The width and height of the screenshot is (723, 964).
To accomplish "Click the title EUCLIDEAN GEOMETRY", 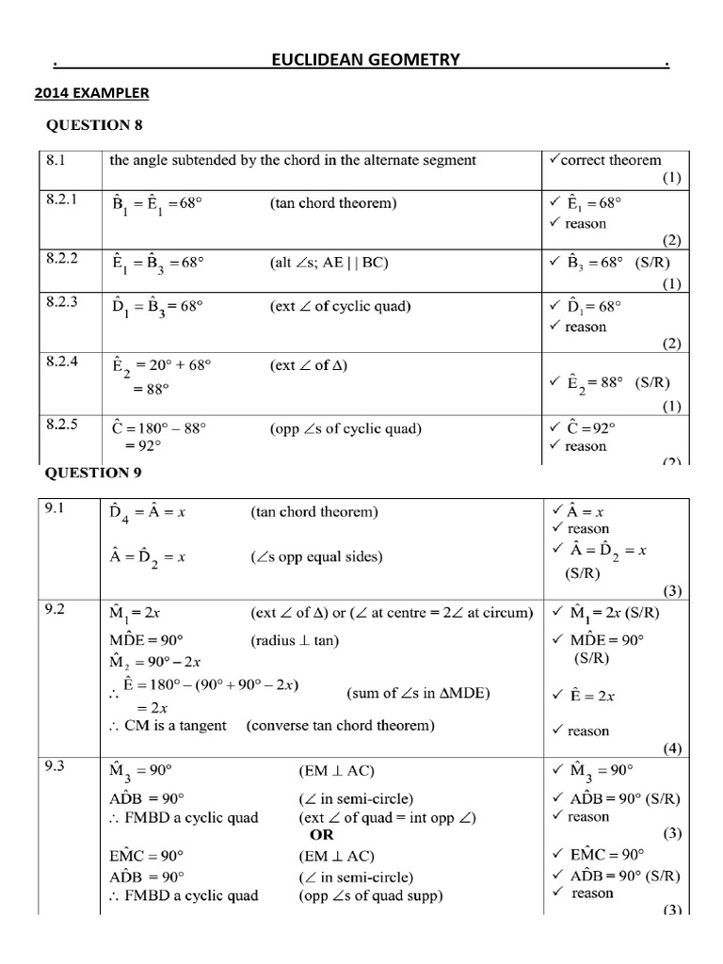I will click(x=365, y=61).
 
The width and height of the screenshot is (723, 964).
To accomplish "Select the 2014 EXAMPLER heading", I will click(x=91, y=93).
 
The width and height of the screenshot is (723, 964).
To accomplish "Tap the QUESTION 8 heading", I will click(x=94, y=125).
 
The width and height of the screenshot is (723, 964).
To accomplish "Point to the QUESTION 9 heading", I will click(x=94, y=472).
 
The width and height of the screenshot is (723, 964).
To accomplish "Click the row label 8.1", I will click(x=56, y=160).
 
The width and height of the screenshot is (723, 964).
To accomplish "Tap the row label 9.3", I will click(x=55, y=771).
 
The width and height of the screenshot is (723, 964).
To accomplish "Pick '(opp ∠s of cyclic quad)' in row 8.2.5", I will click(x=345, y=428).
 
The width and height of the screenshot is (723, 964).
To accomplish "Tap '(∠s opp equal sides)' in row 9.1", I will click(x=316, y=556).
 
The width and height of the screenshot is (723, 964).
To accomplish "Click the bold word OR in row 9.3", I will click(x=321, y=834).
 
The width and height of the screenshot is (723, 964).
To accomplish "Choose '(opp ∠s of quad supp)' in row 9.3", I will click(x=370, y=894).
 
